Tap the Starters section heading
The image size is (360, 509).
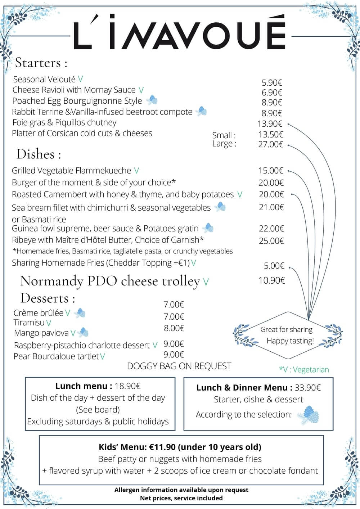[x=41, y=63]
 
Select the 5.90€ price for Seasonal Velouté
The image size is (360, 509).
[x=272, y=83]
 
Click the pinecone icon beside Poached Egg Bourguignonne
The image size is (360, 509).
[x=152, y=100]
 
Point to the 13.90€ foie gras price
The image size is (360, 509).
[x=270, y=124]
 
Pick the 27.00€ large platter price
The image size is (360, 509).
[x=271, y=144]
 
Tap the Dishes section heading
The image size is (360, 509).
[x=39, y=154]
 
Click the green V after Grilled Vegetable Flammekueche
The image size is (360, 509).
[x=136, y=171]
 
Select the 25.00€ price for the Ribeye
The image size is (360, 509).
[x=271, y=241]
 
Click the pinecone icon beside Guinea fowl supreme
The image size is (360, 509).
[x=208, y=228]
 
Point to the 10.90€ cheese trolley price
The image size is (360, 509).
[x=272, y=280]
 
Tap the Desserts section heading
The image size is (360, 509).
[x=48, y=298]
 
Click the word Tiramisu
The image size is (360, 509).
[x=29, y=323]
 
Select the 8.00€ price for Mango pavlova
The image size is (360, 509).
[x=174, y=328]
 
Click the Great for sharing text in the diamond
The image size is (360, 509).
[x=287, y=329]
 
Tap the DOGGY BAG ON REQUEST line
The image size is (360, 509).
[x=179, y=366]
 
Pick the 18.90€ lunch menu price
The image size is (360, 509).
[x=127, y=386]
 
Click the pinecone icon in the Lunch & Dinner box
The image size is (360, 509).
[x=309, y=415]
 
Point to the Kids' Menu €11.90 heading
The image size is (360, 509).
[x=180, y=447]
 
